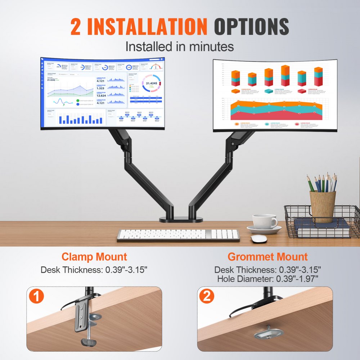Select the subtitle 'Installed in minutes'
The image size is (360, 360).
click(x=179, y=46)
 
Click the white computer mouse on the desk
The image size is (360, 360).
click(x=259, y=239)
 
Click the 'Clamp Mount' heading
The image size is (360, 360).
click(x=94, y=257)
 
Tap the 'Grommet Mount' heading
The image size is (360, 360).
click(x=267, y=257)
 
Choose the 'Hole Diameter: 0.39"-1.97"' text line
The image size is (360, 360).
click(x=267, y=279)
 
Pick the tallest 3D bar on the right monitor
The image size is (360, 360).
click(x=285, y=76)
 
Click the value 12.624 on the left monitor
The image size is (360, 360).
click(x=101, y=95)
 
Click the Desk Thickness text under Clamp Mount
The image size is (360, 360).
click(x=94, y=270)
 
